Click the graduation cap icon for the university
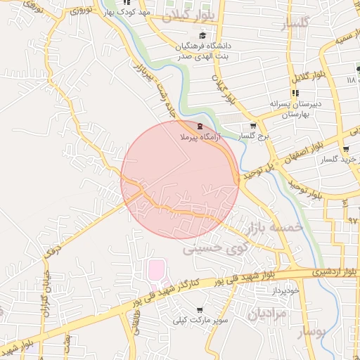click(202, 36)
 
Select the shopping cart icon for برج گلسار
click(253, 126)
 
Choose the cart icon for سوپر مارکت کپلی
click(200, 309)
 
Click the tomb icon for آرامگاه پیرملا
click(201, 127)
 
